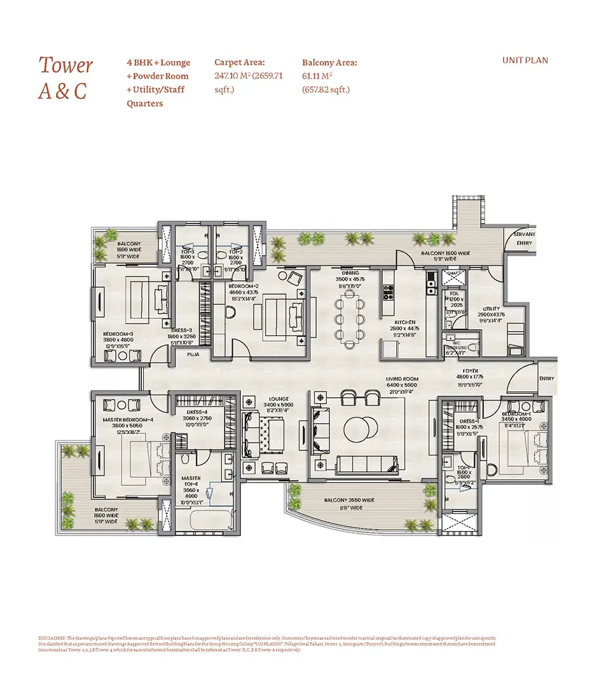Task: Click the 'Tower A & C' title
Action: click(66, 77)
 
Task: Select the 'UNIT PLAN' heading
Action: click(525, 60)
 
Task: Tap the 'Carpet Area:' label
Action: click(239, 62)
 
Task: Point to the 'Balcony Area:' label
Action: click(329, 62)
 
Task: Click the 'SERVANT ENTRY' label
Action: click(525, 238)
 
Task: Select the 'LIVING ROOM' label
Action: click(403, 379)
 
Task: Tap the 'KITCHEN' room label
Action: click(404, 322)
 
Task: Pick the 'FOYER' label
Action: click(471, 371)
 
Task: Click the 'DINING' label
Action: click(350, 272)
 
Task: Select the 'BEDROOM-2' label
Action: click(244, 286)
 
